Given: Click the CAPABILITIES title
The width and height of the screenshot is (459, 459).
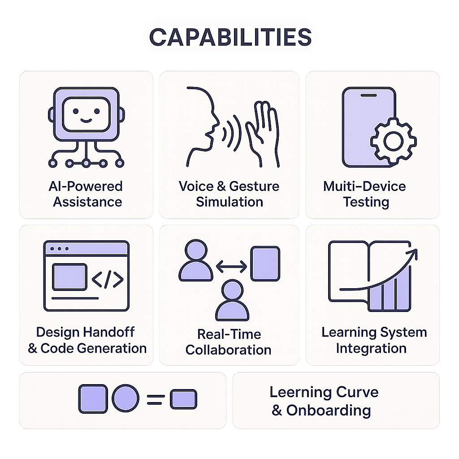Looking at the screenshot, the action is (x=230, y=37).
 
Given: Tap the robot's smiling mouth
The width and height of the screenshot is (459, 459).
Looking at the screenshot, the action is (x=86, y=120).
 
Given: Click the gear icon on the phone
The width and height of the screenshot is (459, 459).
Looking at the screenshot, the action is (x=393, y=141).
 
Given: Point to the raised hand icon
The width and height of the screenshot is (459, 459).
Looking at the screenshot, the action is (x=262, y=134).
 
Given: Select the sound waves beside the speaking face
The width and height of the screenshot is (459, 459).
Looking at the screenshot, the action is (x=232, y=133).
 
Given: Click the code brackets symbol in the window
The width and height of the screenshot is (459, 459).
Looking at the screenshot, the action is (x=108, y=279).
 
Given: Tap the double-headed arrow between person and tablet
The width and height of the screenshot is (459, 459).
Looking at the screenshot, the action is (x=231, y=266).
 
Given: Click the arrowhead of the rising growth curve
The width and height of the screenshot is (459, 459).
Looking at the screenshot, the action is (x=413, y=254).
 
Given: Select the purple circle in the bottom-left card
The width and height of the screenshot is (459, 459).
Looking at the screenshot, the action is (x=126, y=398).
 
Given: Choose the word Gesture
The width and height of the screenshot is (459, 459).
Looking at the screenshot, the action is (x=254, y=187).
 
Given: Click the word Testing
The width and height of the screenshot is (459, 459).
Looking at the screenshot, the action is (x=366, y=202).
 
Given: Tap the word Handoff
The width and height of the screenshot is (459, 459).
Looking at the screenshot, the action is (x=108, y=332).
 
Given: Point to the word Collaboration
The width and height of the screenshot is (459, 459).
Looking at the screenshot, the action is (x=228, y=350).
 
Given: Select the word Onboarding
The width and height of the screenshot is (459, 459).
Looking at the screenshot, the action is (x=329, y=411).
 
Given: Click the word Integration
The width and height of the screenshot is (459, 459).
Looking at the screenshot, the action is (x=371, y=349).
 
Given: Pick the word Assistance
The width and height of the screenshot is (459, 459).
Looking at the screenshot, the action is (x=87, y=202).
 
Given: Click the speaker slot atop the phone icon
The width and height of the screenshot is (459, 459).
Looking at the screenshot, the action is (x=368, y=95).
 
